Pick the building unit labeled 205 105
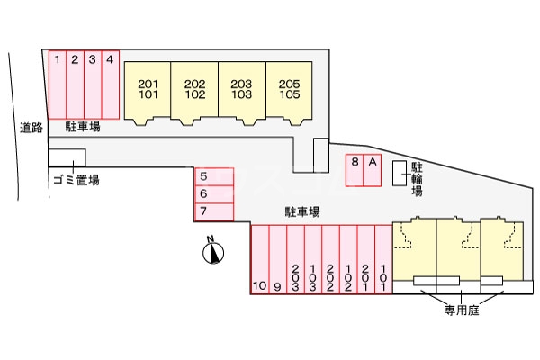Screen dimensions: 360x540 pyautogui.click(x=289, y=89)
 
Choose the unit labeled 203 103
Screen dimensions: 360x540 pyautogui.click(x=241, y=89)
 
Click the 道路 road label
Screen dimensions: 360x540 pyautogui.click(x=31, y=129)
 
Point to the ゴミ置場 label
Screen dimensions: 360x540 pyautogui.click(x=76, y=180)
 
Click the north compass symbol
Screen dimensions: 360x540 pyautogui.click(x=212, y=251)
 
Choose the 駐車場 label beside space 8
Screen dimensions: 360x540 pyautogui.click(x=303, y=212)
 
